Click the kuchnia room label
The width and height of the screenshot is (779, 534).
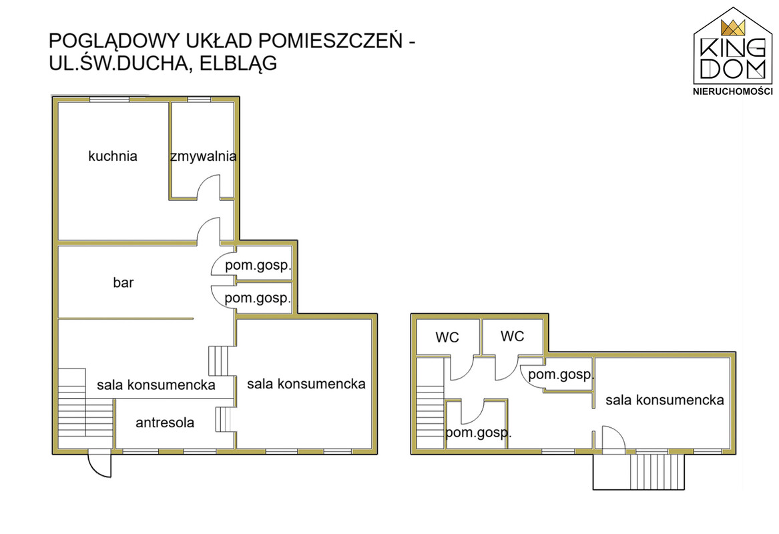[x=113, y=156]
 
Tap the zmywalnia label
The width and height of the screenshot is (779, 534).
[x=203, y=157]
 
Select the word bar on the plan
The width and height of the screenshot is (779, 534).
[x=123, y=282]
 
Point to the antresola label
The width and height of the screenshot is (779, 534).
[x=165, y=423]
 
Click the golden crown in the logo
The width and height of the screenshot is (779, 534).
[x=733, y=27]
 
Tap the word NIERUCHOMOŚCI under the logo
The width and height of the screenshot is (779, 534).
[x=733, y=91]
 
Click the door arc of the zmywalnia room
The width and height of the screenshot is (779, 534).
[x=209, y=186]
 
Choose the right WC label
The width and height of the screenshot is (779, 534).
[x=513, y=336]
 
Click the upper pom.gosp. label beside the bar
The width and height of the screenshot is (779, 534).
[x=258, y=266]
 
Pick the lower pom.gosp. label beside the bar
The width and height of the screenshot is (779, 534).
[x=258, y=298]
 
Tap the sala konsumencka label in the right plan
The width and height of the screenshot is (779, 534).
[x=664, y=400]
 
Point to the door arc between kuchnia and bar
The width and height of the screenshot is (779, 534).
[x=208, y=230]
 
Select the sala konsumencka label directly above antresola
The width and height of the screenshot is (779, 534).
[x=156, y=385]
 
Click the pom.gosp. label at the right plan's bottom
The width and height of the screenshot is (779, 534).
[x=478, y=432]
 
